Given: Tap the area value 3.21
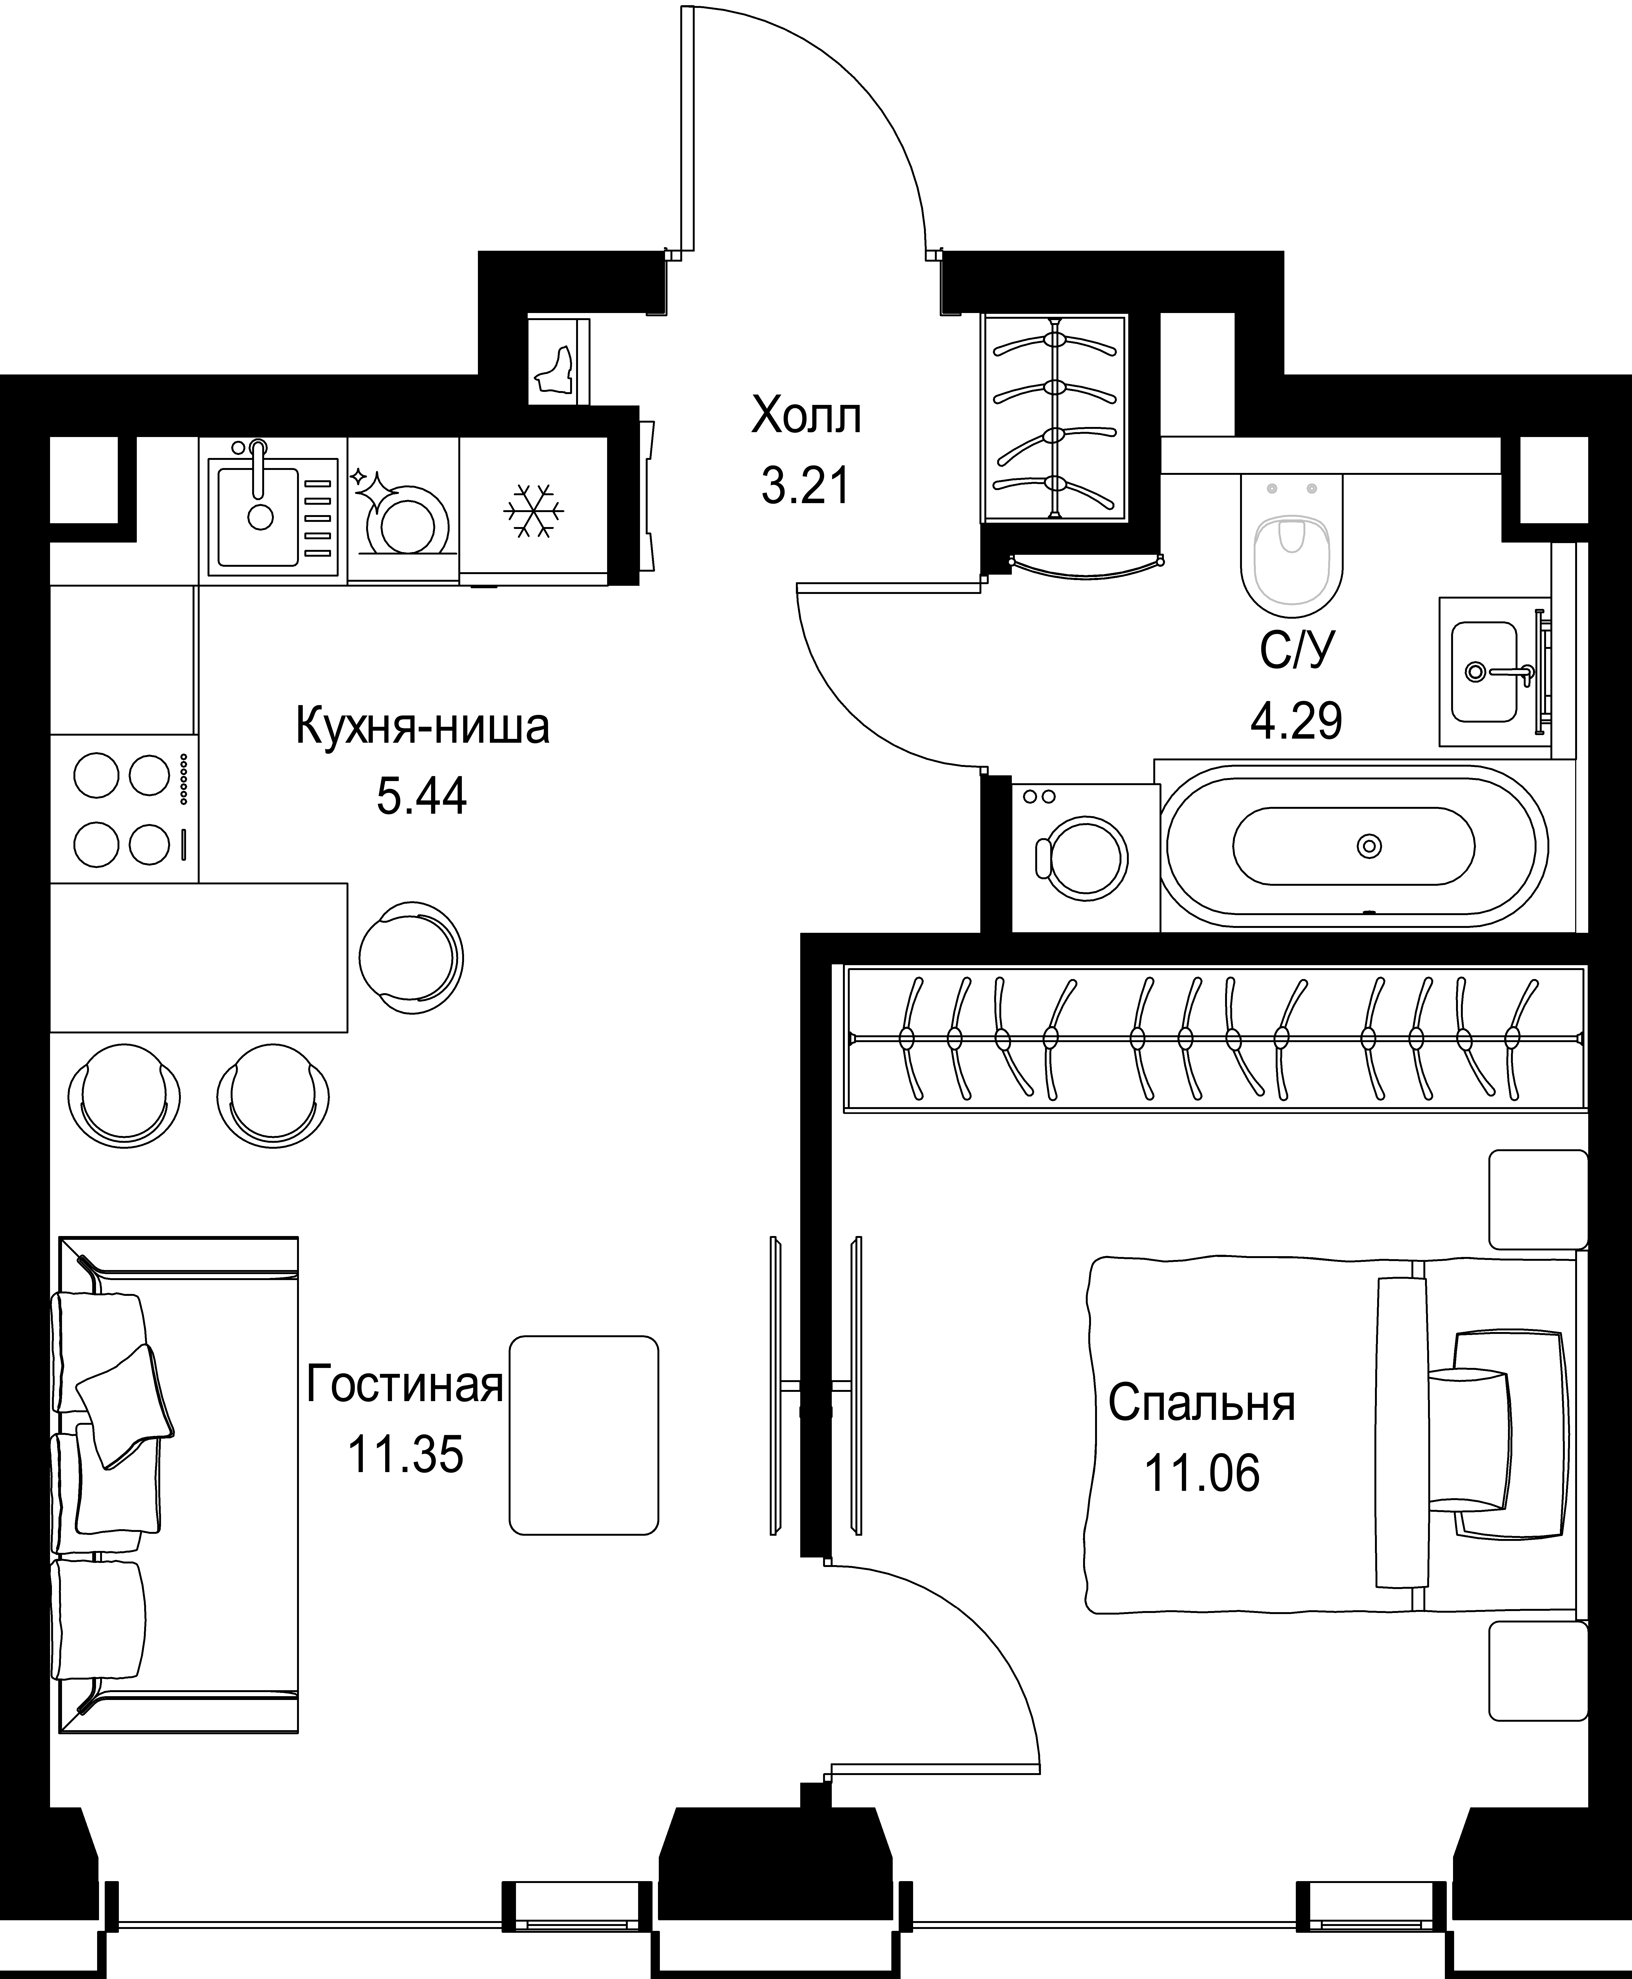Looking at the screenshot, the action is tap(806, 487).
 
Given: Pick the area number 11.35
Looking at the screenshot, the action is tap(405, 1455).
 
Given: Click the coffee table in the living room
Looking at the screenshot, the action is tap(584, 1436).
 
